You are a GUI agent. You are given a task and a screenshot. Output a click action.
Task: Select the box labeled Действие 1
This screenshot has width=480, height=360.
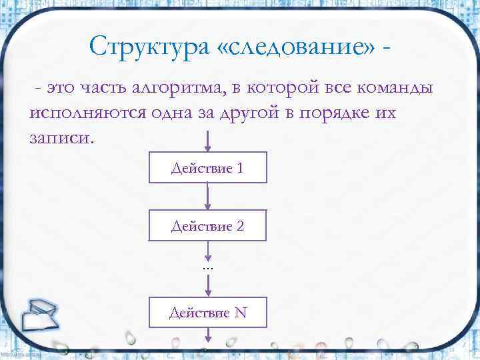click(x=208, y=168)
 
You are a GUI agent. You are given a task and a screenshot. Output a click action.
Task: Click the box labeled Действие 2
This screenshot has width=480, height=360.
click(x=208, y=226)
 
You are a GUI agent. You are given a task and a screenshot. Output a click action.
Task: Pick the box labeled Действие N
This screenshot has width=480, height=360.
click(x=208, y=311)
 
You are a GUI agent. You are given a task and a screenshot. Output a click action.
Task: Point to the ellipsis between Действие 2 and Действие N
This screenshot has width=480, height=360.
click(x=207, y=266)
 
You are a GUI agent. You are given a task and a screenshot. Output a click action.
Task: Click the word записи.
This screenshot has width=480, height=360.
click(x=62, y=138)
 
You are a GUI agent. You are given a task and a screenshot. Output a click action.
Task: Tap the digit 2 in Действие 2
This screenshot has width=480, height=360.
click(x=239, y=227)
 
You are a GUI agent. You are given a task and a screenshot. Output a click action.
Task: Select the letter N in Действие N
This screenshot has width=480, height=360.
click(x=241, y=312)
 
